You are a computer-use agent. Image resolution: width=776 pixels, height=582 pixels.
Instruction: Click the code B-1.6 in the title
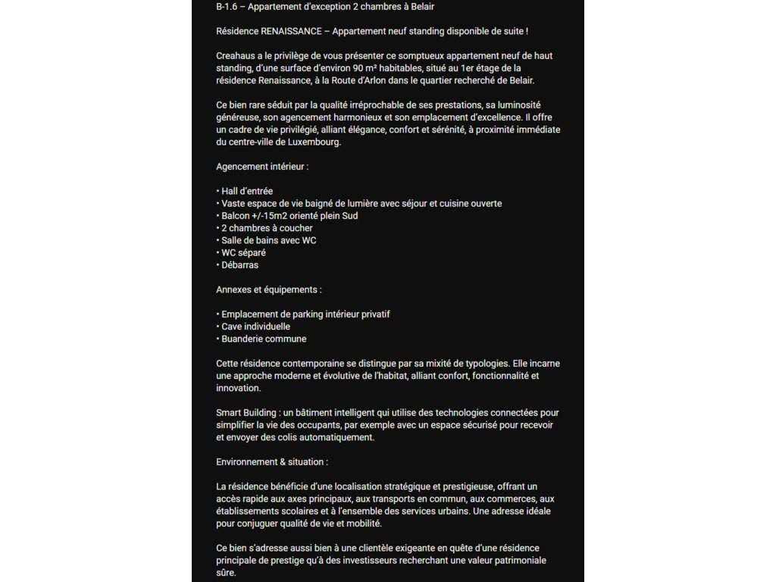coord(227,7)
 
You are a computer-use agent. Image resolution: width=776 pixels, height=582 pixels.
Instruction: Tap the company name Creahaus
coord(235,56)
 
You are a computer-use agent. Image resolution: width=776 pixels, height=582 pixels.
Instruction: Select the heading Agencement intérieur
coord(262,166)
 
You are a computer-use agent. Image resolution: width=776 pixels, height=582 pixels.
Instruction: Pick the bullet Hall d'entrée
coord(247,191)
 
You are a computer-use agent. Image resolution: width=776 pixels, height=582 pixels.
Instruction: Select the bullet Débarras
coord(239,264)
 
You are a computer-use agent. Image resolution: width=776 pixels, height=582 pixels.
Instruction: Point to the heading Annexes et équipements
coord(269,289)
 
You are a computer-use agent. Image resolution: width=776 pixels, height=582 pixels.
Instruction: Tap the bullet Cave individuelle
coord(255,327)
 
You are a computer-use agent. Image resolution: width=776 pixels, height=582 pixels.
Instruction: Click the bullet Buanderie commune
coord(264,339)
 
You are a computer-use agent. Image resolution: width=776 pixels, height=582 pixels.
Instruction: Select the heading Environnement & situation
coord(272,462)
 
